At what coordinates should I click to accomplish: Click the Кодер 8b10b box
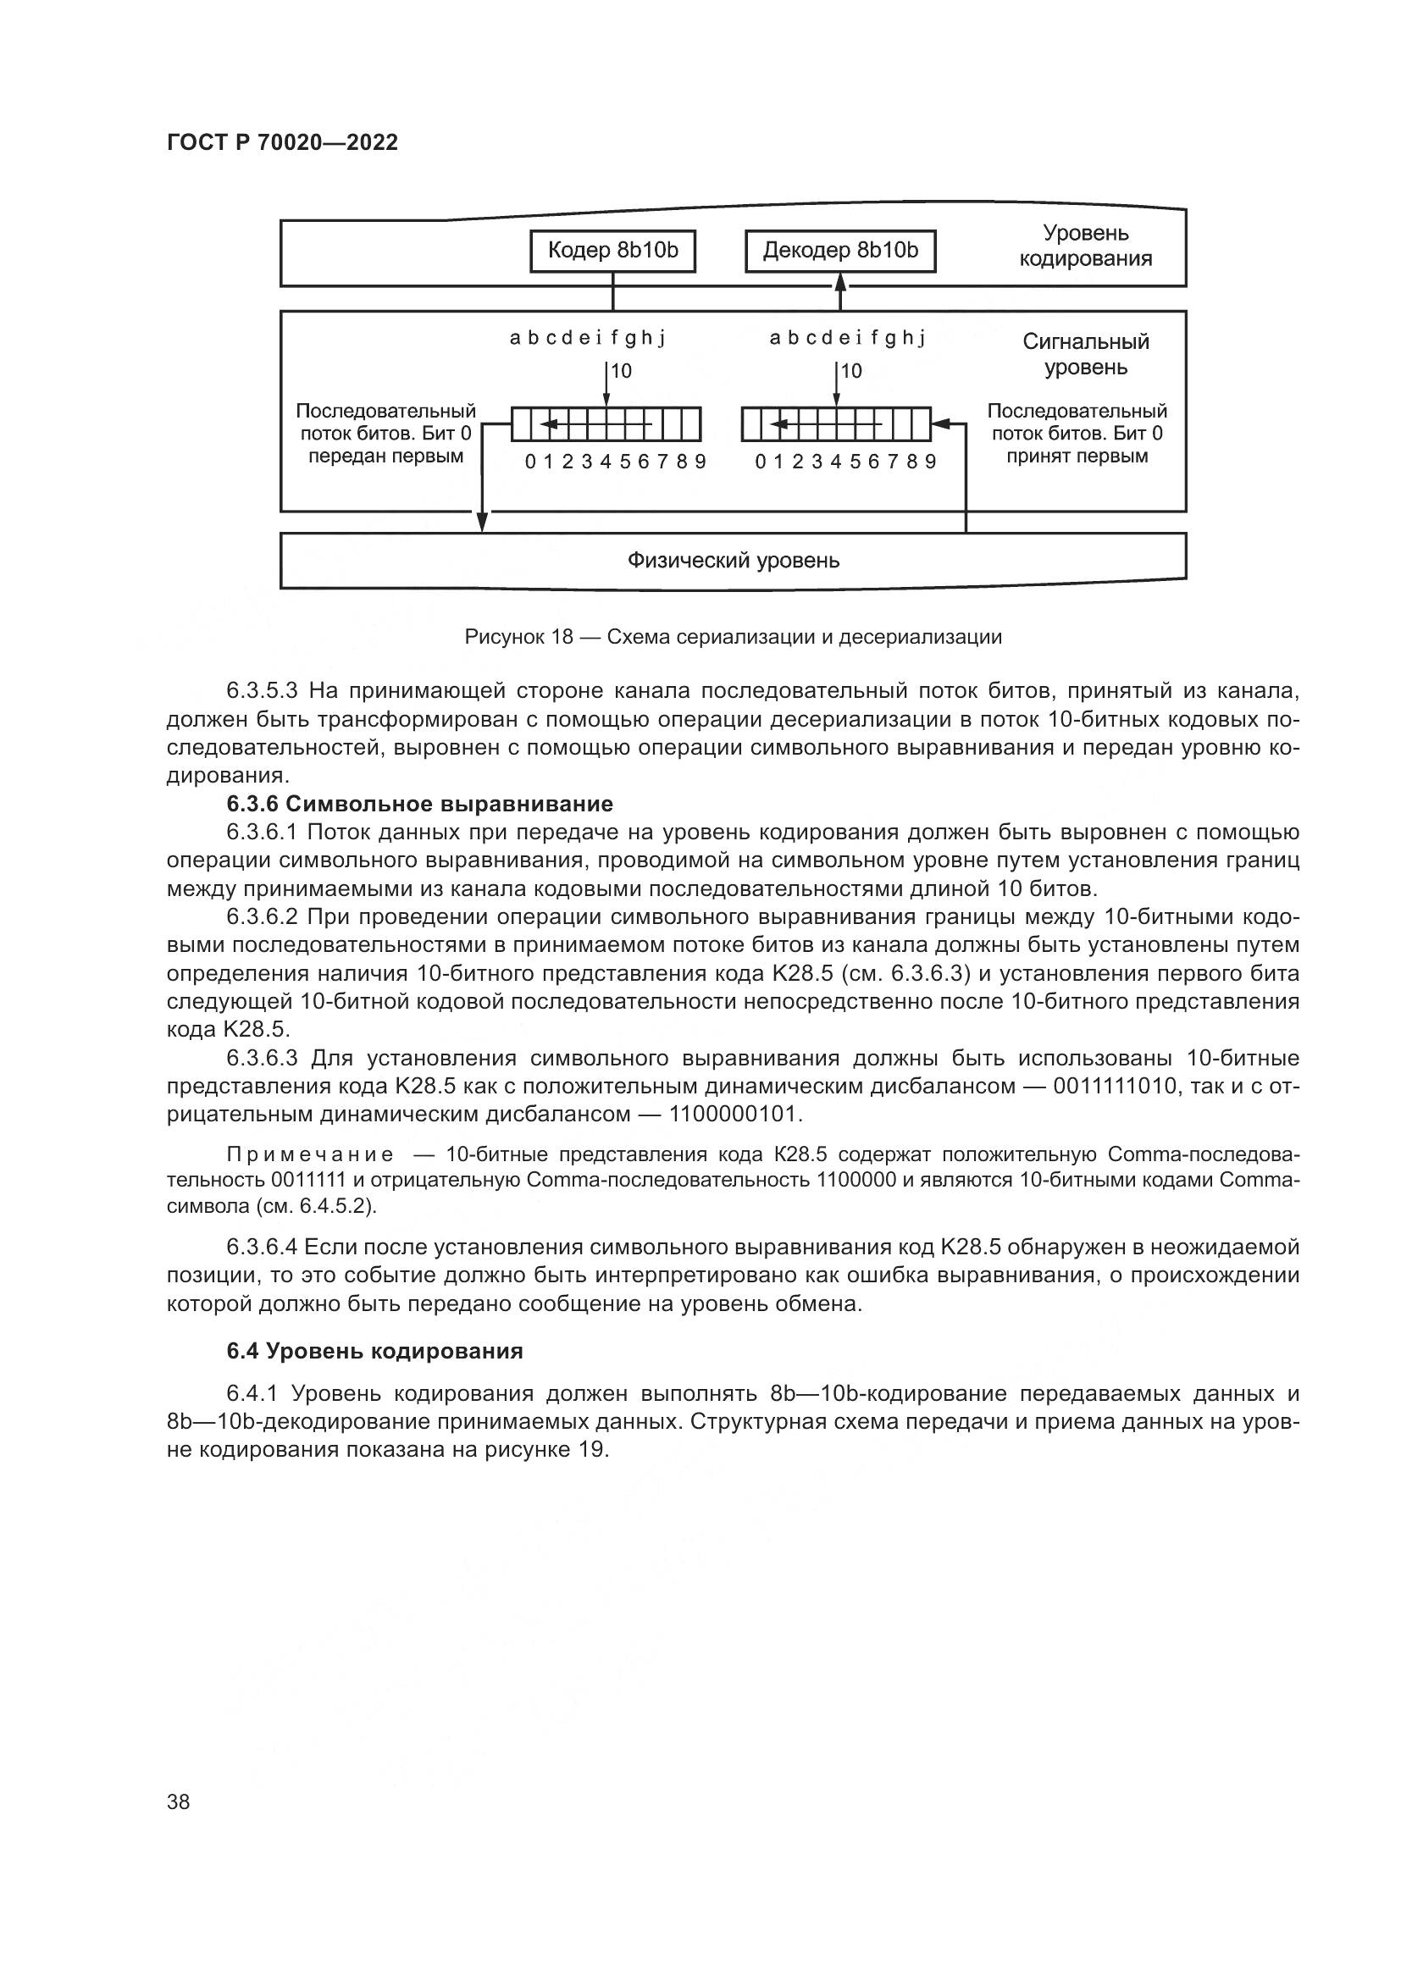(612, 251)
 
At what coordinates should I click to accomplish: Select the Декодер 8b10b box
(840, 251)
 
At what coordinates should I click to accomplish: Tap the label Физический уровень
(733, 561)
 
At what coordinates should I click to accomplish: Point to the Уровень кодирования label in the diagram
(1085, 246)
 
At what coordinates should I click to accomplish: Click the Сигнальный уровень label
(1085, 355)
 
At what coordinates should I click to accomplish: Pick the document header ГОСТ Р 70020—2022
(282, 143)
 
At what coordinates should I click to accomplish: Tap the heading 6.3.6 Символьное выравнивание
(419, 804)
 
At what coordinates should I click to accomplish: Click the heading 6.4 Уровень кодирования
(374, 1351)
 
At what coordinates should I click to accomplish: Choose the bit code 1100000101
(734, 1115)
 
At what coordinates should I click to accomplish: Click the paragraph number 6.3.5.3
(262, 691)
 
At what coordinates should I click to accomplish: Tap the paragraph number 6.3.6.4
(262, 1248)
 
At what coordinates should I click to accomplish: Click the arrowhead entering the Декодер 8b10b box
(841, 281)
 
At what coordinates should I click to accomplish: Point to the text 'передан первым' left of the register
(385, 457)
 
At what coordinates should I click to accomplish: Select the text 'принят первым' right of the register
(1077, 457)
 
